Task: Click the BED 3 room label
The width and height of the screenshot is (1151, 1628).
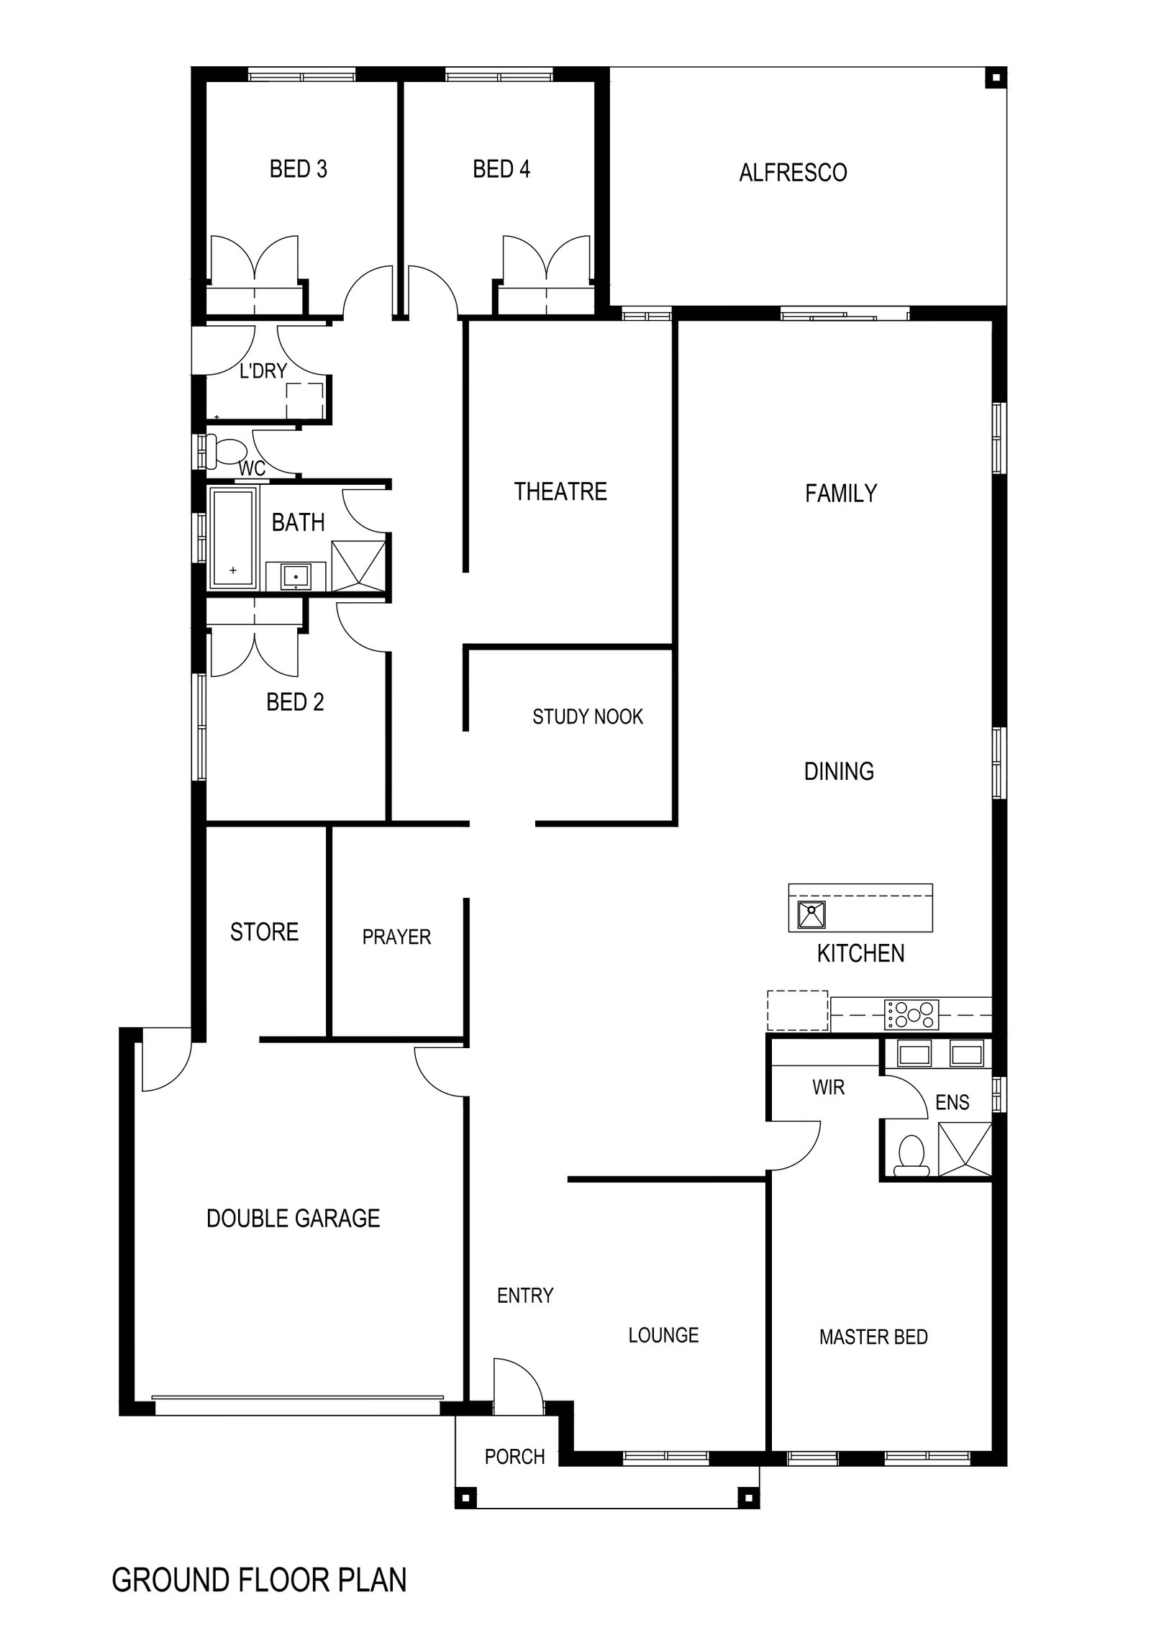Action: coord(298,169)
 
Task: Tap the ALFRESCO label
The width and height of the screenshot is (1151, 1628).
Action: coord(793,173)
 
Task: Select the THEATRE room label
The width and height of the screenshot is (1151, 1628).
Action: coord(560,491)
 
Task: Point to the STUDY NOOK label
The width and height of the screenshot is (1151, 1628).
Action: coord(588,717)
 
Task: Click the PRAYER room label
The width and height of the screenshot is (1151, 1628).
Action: coord(396,937)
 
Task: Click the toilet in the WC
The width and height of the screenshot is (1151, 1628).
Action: coord(226,450)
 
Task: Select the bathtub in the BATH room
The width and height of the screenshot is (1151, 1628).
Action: coord(232,538)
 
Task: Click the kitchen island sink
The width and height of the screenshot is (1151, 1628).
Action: coord(811,915)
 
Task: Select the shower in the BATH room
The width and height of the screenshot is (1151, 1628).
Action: coord(358,565)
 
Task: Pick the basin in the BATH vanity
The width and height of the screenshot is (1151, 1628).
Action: coord(296,577)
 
